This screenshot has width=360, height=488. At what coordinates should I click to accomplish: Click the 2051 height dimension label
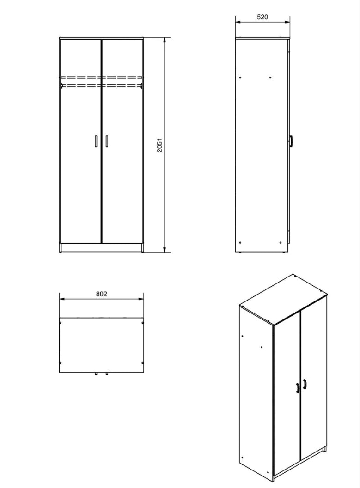(159, 145)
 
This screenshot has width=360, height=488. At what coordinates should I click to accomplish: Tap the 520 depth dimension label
(262, 17)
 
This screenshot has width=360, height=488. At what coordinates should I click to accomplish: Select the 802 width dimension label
(102, 294)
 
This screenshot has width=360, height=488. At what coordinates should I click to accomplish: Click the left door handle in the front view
(96, 141)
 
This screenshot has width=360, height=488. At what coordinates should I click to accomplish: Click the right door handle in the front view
(106, 141)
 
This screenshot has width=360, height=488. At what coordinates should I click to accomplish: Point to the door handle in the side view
(291, 141)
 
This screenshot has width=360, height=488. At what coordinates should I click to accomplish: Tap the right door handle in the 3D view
(305, 384)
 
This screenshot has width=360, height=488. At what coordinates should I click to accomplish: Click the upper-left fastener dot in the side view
(240, 77)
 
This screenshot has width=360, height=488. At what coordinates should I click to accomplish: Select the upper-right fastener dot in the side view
(271, 77)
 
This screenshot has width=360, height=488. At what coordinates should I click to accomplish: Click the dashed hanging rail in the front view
(102, 81)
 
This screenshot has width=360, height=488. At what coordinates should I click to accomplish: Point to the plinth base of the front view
(101, 248)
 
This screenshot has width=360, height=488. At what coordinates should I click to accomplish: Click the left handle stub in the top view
(96, 374)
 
